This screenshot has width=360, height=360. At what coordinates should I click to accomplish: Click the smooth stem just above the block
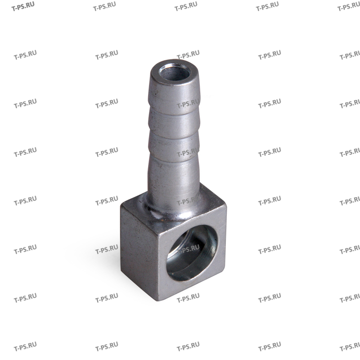(x=173, y=180)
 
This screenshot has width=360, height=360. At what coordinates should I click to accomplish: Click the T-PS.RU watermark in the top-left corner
(x=25, y=7)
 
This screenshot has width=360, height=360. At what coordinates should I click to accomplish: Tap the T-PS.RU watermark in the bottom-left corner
(x=25, y=348)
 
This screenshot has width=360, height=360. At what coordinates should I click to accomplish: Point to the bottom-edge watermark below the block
(x=188, y=348)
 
